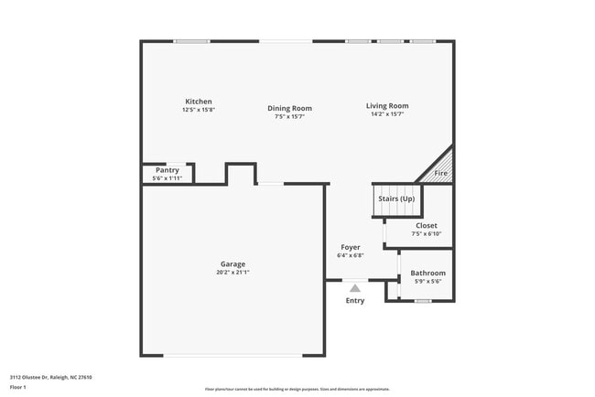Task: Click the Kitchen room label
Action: pos(199,102)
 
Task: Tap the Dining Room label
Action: pos(289,108)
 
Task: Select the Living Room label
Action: pos(387,106)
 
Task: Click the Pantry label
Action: pos(168,170)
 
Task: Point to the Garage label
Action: pos(233,264)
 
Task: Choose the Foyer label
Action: pos(351,247)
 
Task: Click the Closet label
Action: pos(427,225)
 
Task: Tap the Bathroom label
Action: pos(427,274)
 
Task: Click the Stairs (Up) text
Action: pos(396,198)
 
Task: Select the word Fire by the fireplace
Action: pos(440,173)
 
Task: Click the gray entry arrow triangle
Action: pos(355,287)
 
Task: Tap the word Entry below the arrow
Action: pos(355,300)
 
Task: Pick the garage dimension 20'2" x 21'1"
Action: pos(233,272)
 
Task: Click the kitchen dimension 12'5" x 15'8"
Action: pos(199,110)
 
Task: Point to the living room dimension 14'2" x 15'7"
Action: pos(387,114)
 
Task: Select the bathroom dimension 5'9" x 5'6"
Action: pos(427,282)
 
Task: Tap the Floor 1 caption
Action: pos(18,387)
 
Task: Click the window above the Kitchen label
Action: pos(192,41)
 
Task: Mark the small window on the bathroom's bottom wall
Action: pos(422,301)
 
